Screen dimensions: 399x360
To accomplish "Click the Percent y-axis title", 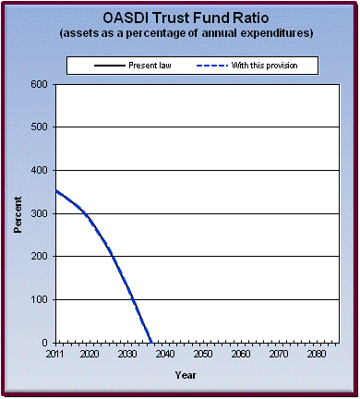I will coord(18,213).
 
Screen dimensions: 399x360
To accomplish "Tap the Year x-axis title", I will coord(186,375).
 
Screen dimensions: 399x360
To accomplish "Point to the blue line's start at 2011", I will coord(56,191).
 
